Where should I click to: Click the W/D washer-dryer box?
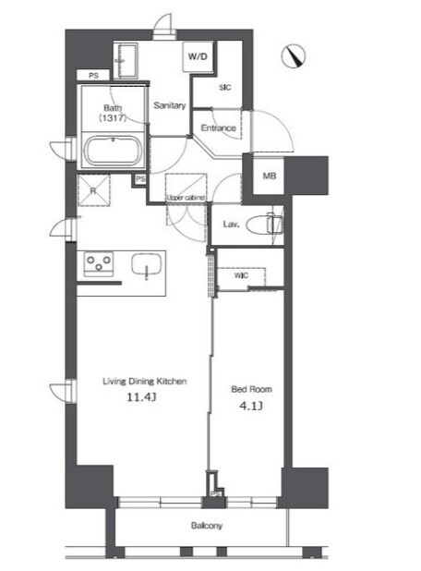coord(198,56)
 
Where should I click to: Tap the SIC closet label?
coord(225,88)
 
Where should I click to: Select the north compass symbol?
coord(293,55)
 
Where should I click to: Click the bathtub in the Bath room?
coord(113,151)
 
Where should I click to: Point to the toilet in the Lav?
coord(265,225)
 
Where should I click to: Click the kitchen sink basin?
coord(146,265)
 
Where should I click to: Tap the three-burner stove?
coord(99,264)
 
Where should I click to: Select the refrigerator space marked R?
coord(93,191)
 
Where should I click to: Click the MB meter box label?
coord(270,176)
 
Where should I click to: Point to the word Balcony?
coord(206,526)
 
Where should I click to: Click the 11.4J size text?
coord(141,397)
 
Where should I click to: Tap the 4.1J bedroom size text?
coord(251,406)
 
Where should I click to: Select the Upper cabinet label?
coord(186,198)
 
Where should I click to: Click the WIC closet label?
coord(241,275)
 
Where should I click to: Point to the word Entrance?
coord(218,128)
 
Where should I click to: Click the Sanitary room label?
coord(170,105)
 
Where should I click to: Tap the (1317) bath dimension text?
coord(113,117)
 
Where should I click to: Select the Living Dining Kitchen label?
coord(144,382)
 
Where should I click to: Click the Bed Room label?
coord(251,389)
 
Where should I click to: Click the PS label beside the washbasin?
coord(93,76)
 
